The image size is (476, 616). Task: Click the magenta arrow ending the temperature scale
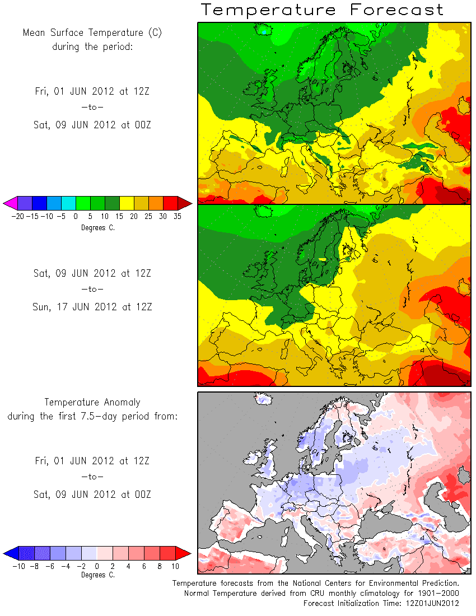[x=10, y=203]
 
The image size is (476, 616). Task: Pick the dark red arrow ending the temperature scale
[x=185, y=203]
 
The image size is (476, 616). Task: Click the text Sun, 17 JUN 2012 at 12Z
[x=92, y=307]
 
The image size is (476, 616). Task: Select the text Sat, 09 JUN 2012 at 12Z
[x=92, y=273]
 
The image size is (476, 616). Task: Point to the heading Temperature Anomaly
[x=92, y=402]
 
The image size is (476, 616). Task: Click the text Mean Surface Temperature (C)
[x=92, y=32]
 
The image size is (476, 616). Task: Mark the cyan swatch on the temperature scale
[x=68, y=203]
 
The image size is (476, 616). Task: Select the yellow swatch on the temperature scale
[x=127, y=203]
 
